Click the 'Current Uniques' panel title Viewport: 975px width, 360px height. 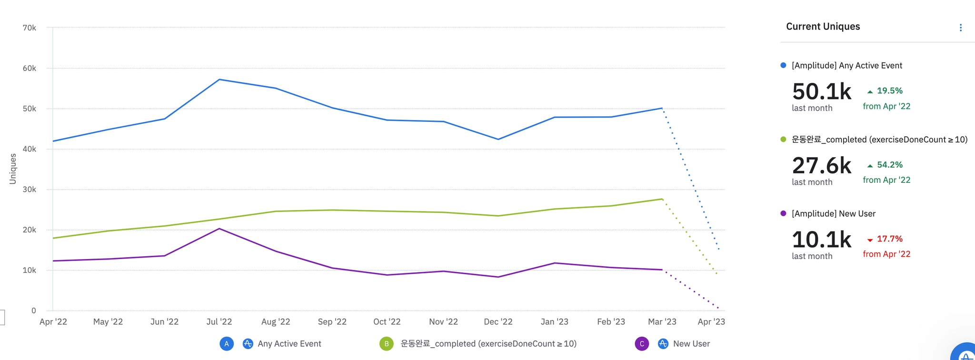point(823,27)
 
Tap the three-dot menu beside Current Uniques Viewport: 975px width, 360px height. point(960,28)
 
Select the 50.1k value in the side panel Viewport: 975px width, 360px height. point(822,91)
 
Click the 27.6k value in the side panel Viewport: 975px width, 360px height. point(822,166)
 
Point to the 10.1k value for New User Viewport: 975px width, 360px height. point(822,240)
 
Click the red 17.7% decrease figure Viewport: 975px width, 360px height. point(889,239)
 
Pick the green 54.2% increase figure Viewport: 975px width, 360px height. point(889,165)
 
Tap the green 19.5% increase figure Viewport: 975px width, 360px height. point(889,90)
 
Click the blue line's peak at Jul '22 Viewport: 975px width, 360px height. point(219,80)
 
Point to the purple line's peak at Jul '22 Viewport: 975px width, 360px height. point(219,229)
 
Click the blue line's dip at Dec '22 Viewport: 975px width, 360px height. point(498,139)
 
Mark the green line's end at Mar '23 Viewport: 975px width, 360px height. point(662,199)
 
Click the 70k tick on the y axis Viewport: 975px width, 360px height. point(30,28)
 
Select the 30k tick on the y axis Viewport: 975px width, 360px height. point(30,190)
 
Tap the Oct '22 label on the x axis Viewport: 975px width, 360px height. point(387,322)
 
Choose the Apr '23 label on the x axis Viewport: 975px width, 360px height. point(711,322)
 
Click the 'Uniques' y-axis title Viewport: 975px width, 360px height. point(13,169)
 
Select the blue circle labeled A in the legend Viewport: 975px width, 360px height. point(227,344)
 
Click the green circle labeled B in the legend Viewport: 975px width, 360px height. point(387,344)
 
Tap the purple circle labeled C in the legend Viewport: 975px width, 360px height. point(642,344)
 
